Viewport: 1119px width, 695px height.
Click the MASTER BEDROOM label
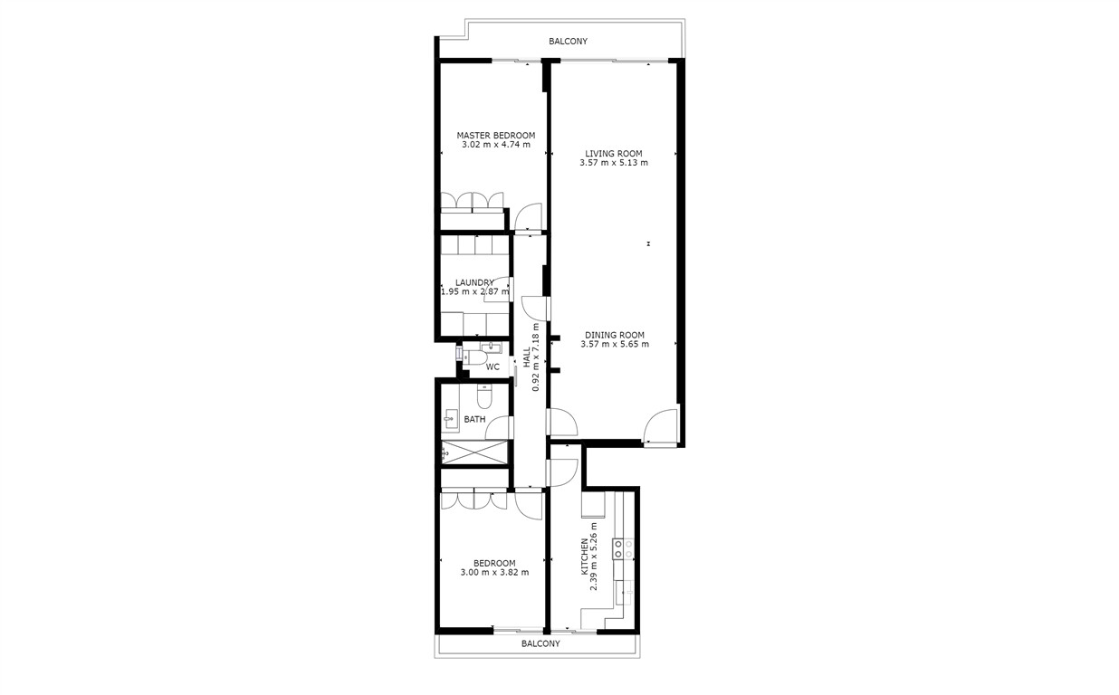coord(495,136)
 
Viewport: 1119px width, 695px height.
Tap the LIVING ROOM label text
coord(613,154)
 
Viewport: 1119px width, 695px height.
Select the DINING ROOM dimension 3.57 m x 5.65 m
coord(614,345)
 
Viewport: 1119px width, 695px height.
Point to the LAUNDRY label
coord(474,282)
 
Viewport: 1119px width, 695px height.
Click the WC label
coord(493,367)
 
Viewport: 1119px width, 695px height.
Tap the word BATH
coord(474,420)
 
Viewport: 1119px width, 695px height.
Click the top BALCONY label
coord(569,42)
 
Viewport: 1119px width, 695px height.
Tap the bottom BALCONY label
coord(540,644)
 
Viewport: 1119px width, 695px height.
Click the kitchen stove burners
coord(623,547)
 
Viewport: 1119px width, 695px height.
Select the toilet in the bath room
coord(483,396)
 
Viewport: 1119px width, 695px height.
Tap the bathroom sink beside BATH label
coord(450,419)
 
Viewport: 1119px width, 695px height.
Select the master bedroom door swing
coord(527,216)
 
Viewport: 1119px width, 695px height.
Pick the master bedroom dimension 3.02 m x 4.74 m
coord(495,145)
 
